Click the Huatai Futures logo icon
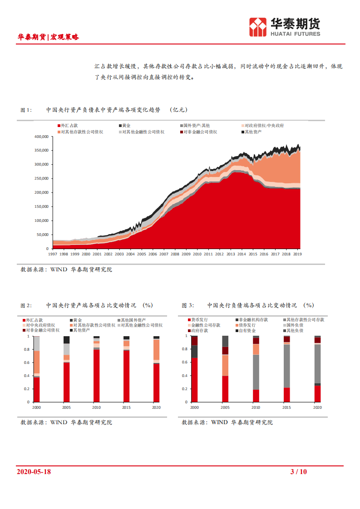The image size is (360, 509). coord(258,27)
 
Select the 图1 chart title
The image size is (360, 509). coord(104,110)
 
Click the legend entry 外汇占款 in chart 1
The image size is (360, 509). coord(68,126)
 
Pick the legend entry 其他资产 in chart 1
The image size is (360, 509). coord(253,132)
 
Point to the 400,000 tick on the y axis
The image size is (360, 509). coord(41,137)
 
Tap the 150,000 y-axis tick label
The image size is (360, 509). coord(41,206)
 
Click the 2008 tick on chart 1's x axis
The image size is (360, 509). coord(174,254)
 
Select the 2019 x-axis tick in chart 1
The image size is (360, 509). coord(297,254)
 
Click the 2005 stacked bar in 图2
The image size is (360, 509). coord(67,369)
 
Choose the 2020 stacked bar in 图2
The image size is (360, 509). coord(156,369)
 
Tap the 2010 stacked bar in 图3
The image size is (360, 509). coord(256,369)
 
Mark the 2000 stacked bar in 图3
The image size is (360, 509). coord(194,369)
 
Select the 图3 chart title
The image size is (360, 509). coord(248,305)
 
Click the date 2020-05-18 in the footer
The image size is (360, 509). coord(34,472)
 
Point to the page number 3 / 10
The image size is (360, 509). coord(298,472)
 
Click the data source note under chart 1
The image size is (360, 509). coord(66,269)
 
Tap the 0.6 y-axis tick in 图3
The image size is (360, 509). coord(184,362)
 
